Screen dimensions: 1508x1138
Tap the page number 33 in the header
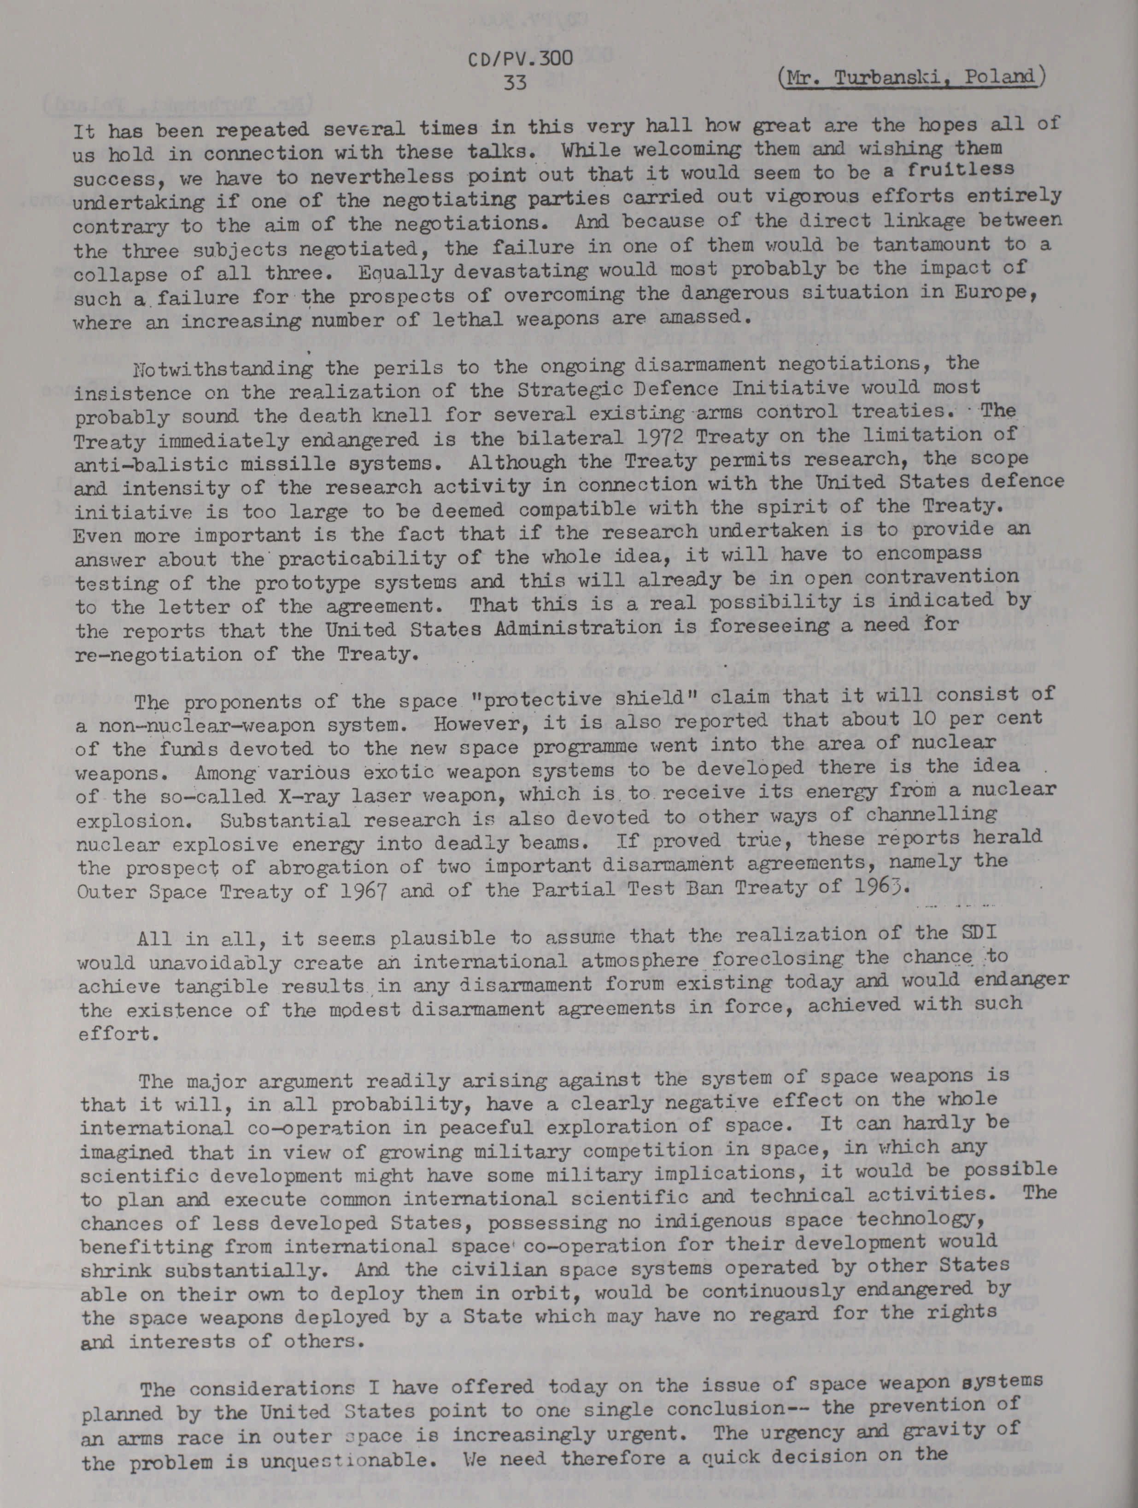coord(516,82)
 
